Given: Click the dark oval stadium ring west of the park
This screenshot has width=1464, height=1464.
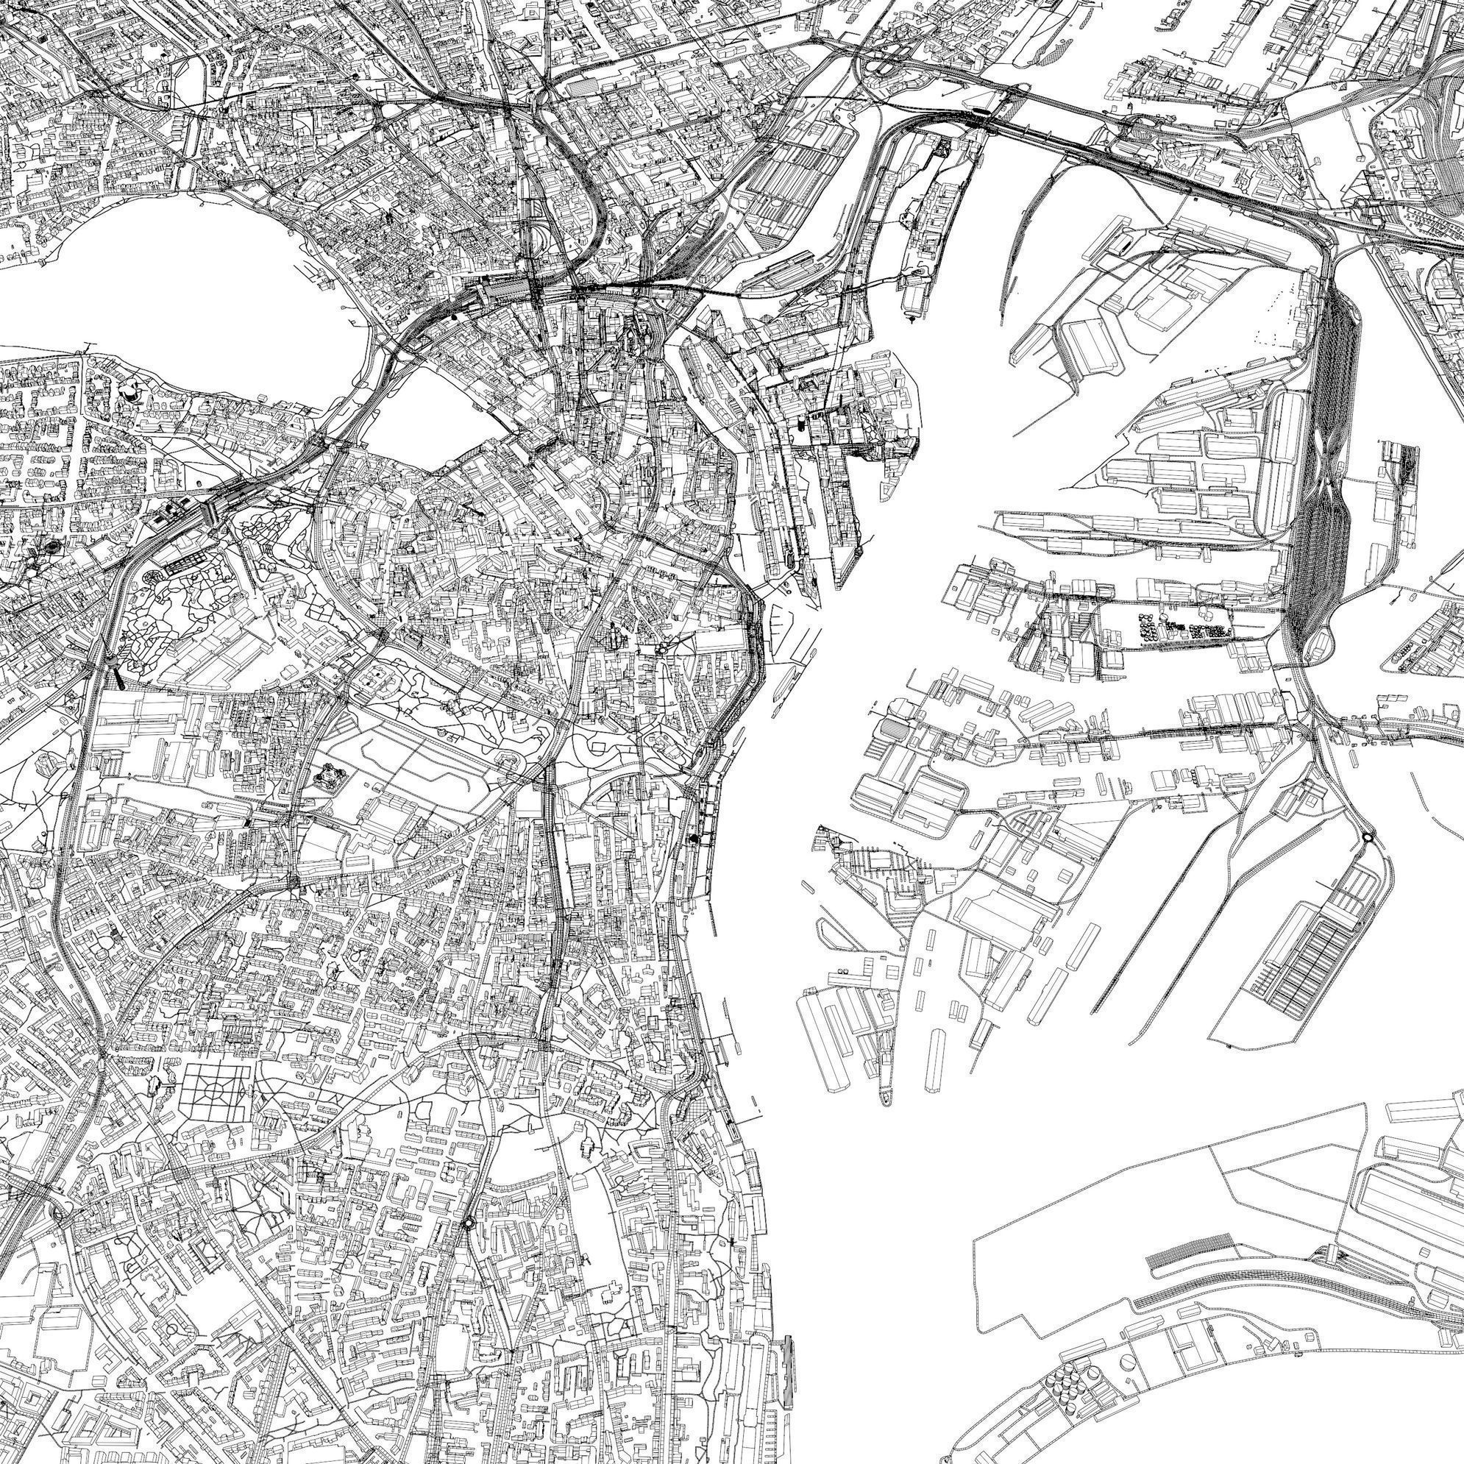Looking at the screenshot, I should [53, 547].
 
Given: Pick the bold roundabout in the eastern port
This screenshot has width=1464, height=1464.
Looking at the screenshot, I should [1368, 836].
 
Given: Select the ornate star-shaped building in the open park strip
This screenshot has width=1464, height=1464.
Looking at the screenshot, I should [328, 775].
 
